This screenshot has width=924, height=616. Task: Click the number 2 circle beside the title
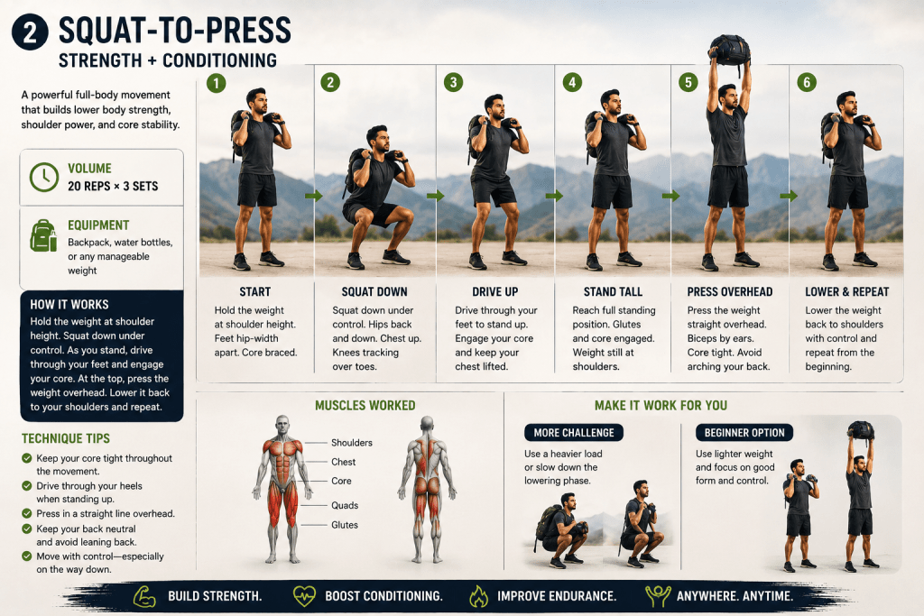(x=30, y=32)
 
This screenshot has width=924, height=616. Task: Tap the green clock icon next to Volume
(x=44, y=177)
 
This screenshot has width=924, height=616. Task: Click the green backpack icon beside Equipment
(x=43, y=235)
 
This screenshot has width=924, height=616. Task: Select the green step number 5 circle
(x=688, y=82)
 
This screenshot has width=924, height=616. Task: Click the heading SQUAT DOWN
(x=374, y=291)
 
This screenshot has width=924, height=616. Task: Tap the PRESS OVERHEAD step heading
(x=729, y=291)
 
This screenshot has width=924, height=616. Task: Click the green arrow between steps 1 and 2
(x=313, y=196)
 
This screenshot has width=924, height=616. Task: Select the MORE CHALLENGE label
(x=573, y=433)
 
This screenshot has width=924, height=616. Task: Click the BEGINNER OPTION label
(x=744, y=433)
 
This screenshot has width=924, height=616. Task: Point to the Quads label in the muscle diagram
(x=345, y=505)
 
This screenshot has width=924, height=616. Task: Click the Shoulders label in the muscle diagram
(x=352, y=443)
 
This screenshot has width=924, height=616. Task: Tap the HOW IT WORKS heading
(x=69, y=305)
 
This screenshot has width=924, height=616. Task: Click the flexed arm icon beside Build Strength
(x=143, y=596)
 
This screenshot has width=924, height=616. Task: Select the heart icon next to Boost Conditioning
(x=304, y=596)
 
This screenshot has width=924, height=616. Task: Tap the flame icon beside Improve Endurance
(x=478, y=596)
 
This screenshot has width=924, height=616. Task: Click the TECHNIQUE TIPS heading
(x=65, y=438)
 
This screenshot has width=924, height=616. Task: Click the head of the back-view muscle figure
(x=427, y=424)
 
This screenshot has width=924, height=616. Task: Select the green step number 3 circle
(x=453, y=82)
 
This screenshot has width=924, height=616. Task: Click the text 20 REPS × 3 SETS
(x=113, y=186)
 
